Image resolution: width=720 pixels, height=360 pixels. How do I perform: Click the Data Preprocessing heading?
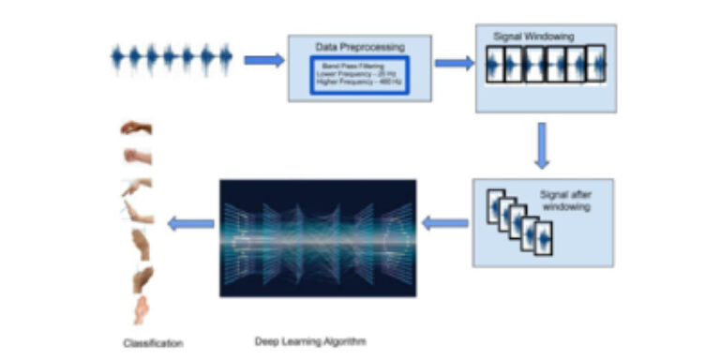click(x=359, y=45)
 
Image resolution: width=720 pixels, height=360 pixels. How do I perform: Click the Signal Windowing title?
click(x=533, y=36)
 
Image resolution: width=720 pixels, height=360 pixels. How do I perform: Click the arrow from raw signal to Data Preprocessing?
click(x=263, y=60)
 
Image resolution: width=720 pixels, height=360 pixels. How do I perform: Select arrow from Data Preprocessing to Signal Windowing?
click(x=454, y=63)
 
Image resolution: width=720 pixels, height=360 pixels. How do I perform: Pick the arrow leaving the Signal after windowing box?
click(x=445, y=223)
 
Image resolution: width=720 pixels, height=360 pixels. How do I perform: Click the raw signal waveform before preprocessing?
click(x=172, y=59)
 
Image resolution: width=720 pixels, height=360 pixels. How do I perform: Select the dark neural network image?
click(x=318, y=237)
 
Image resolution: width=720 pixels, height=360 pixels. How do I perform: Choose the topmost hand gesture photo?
click(x=137, y=127)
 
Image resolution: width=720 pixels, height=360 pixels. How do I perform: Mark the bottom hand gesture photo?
click(x=140, y=308)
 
